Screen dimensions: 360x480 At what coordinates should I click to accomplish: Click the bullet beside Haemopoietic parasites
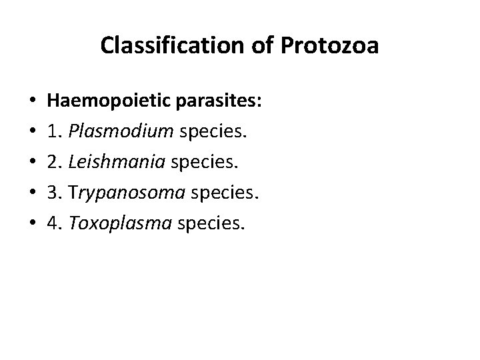(24, 103)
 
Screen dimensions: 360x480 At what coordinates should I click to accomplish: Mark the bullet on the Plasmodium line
(24, 133)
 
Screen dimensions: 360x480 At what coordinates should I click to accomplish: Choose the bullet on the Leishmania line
(24, 164)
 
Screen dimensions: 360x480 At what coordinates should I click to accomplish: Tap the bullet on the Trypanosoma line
(24, 195)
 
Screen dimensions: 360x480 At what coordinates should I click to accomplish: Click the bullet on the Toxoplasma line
(24, 225)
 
